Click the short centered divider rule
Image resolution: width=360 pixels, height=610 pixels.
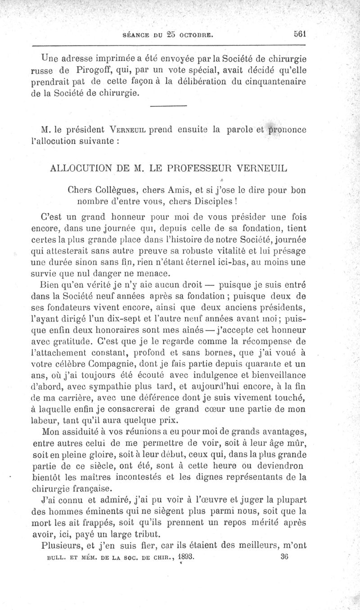point(168,106)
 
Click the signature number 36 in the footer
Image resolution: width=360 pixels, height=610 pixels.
point(283,556)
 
